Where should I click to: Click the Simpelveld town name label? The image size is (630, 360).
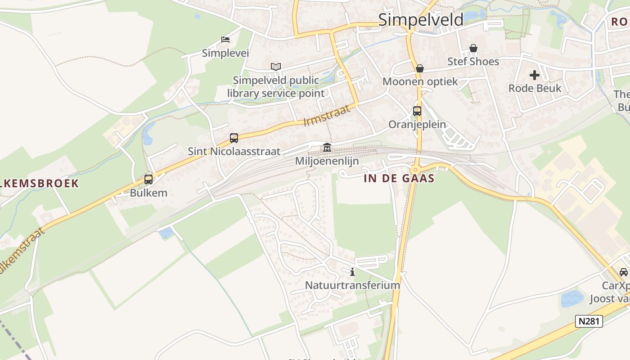(x=420, y=20)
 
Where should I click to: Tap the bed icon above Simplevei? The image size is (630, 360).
(x=225, y=40)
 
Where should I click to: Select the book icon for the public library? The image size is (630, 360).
(x=276, y=67)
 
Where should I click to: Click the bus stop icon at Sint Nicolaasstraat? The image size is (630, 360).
(x=234, y=138)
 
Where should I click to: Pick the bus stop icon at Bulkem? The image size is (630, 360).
(x=148, y=180)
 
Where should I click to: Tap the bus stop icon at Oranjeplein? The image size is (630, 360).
(x=417, y=111)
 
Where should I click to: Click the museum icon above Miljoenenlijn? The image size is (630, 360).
(x=327, y=148)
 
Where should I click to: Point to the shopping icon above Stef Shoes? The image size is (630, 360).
(x=473, y=48)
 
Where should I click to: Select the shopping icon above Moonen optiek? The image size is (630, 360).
(x=420, y=68)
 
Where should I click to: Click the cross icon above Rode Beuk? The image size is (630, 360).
(x=535, y=75)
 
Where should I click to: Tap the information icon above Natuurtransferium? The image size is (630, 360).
(x=352, y=272)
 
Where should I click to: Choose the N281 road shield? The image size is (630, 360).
(x=589, y=321)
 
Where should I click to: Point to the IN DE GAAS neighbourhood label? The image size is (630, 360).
(x=399, y=179)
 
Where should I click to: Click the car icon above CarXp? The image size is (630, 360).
(x=624, y=272)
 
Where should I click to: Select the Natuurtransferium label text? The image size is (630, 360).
(x=352, y=285)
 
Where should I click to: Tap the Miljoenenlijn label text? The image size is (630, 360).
(x=327, y=161)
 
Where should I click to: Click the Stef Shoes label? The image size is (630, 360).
(x=473, y=62)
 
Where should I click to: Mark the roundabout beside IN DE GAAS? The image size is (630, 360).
(x=415, y=170)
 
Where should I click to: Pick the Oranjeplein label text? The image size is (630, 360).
(x=417, y=125)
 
